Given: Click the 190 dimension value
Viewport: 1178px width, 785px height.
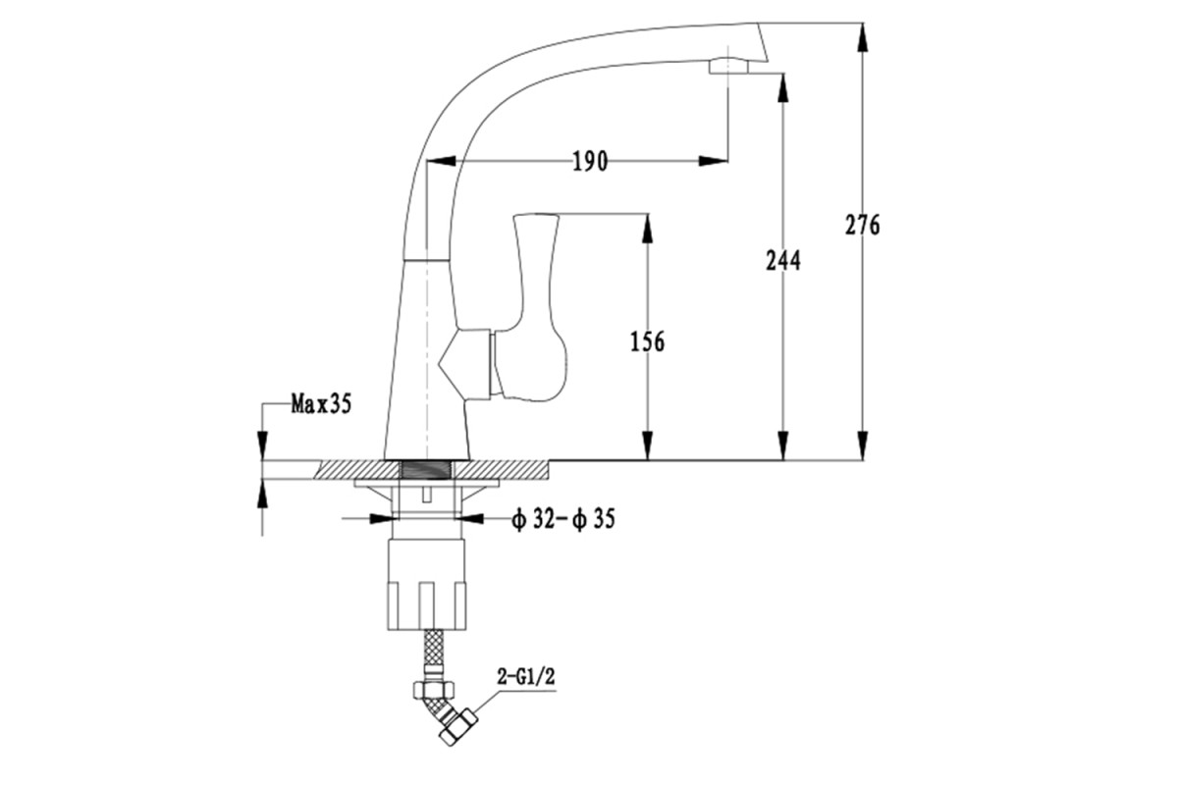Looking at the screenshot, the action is (590, 162).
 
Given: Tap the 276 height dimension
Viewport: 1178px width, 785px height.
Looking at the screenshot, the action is (862, 225).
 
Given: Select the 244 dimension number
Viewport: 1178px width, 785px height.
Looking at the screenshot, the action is (783, 261).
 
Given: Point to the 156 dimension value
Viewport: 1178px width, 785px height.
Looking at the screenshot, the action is (647, 341).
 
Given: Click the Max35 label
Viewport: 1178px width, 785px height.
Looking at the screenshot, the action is (321, 404).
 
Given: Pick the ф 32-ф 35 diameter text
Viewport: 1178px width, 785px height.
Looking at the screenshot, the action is (563, 519).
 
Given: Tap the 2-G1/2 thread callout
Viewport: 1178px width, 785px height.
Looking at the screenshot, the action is (526, 677).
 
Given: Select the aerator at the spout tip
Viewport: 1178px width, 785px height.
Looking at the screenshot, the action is (728, 67).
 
